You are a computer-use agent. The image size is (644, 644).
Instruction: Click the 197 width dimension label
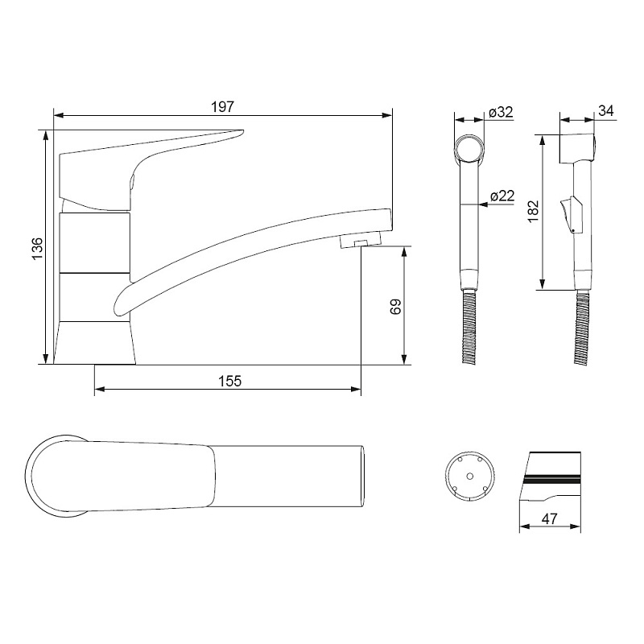tap(222, 107)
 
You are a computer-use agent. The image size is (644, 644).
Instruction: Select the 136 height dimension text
tap(37, 248)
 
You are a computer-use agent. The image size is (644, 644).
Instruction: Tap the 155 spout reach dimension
tap(229, 381)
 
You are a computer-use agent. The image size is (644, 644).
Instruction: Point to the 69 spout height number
tap(395, 306)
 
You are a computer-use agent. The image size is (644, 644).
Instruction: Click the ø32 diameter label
tap(501, 112)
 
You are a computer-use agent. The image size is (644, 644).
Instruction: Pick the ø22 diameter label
tap(502, 196)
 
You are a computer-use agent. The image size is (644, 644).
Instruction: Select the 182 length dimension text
tap(533, 212)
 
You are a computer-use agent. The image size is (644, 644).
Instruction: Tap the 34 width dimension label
tap(606, 111)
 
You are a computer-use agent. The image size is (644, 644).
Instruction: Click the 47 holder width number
tap(550, 518)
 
